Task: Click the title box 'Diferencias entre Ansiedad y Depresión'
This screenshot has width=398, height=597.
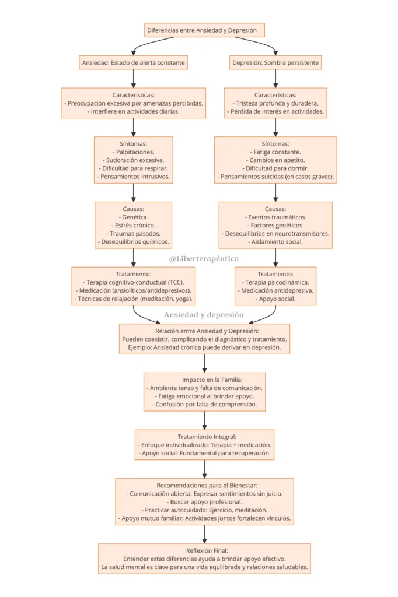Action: click(x=204, y=30)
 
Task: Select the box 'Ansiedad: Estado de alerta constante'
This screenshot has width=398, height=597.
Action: click(x=134, y=62)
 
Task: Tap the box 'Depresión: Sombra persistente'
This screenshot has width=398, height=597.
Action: click(x=275, y=62)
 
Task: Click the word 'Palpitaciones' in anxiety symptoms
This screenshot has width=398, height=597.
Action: click(x=135, y=152)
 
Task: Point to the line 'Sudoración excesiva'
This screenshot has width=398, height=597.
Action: click(x=135, y=160)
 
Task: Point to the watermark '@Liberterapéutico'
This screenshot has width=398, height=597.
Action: click(x=204, y=259)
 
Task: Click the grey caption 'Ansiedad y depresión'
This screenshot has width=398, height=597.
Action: click(x=204, y=315)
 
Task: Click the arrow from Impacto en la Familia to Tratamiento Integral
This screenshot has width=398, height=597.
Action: click(x=205, y=420)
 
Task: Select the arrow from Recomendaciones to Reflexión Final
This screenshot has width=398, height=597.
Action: click(x=205, y=534)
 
